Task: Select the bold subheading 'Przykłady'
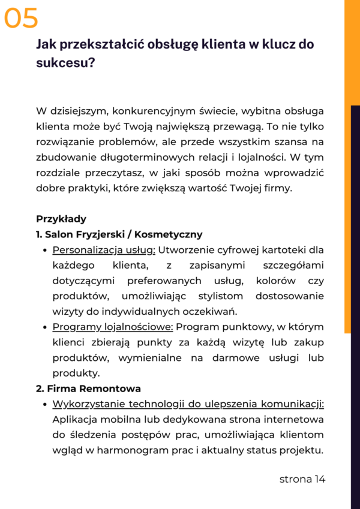(61, 219)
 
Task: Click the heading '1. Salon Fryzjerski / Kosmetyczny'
(119, 234)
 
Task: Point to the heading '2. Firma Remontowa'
(89, 388)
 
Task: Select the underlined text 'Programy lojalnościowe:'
(113, 327)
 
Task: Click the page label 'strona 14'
(302, 479)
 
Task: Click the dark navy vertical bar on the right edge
(355, 420)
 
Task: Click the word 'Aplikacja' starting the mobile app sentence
(74, 420)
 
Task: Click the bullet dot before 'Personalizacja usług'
(46, 251)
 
